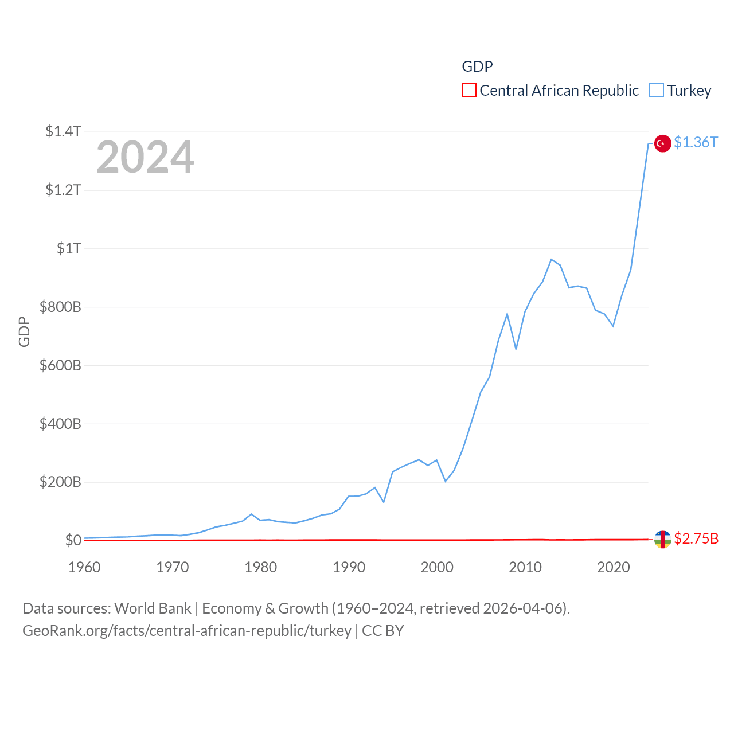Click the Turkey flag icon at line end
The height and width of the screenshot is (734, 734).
[x=662, y=143]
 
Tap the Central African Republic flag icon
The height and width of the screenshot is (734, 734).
[x=662, y=539]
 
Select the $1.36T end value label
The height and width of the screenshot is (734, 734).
[x=696, y=142]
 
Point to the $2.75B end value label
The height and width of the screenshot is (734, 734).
[x=696, y=538]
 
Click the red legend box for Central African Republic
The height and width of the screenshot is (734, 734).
[x=468, y=91]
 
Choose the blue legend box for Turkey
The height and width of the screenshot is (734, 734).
[x=656, y=91]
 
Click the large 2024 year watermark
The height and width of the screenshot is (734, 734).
[x=145, y=157]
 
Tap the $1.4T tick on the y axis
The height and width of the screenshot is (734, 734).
[x=63, y=131]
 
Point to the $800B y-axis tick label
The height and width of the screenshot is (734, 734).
[x=60, y=307]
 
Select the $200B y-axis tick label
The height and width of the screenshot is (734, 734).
[x=60, y=482]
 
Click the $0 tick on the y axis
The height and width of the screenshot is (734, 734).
[x=73, y=540]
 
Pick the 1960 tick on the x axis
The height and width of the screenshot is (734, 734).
[x=84, y=567]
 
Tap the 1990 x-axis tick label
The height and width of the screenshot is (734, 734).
[x=349, y=567]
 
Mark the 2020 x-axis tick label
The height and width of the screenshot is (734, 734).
[x=613, y=567]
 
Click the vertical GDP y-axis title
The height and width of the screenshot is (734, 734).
[x=24, y=331]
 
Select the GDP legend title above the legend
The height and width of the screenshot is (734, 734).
[x=477, y=67]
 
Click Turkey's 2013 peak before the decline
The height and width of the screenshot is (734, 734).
[x=551, y=260]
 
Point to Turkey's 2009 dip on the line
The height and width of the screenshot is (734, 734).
[x=516, y=349]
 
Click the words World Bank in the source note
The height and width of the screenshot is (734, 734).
[x=153, y=608]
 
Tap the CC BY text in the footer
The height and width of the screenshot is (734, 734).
[x=383, y=631]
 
